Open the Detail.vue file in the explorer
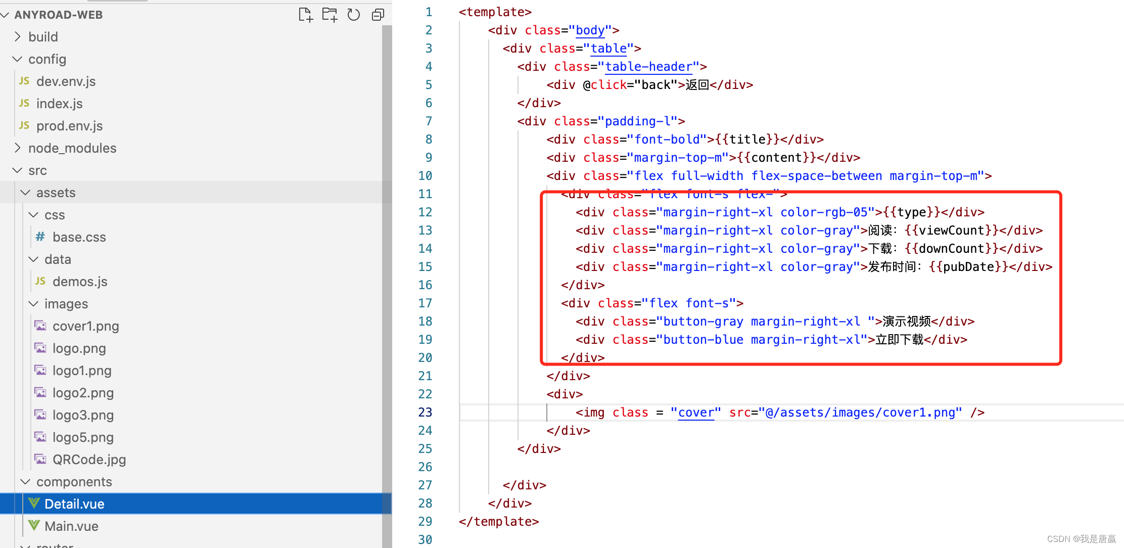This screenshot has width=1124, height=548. coord(74,504)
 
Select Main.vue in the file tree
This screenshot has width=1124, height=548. coord(71,526)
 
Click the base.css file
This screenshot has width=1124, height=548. coord(79,237)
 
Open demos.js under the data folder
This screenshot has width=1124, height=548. coord(80,282)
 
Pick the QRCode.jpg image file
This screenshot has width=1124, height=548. coord(89,460)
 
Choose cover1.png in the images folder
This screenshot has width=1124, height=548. coord(85,326)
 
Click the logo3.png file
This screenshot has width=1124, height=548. coord(83,415)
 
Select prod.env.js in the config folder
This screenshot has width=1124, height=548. coord(69,126)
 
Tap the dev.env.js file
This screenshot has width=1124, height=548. coord(66,81)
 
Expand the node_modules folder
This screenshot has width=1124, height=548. coord(72,148)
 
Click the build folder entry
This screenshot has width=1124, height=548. coord(43,37)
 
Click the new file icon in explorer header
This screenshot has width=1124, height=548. coord(305,15)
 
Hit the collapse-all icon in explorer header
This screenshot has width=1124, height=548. coord(378,15)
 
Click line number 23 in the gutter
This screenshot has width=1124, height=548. coord(425,413)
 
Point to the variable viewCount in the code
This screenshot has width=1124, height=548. coord(952,231)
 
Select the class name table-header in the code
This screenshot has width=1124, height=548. coord(648,67)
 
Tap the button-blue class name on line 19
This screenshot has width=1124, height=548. coord(703,340)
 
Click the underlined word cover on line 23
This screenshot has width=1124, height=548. coord(696,413)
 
